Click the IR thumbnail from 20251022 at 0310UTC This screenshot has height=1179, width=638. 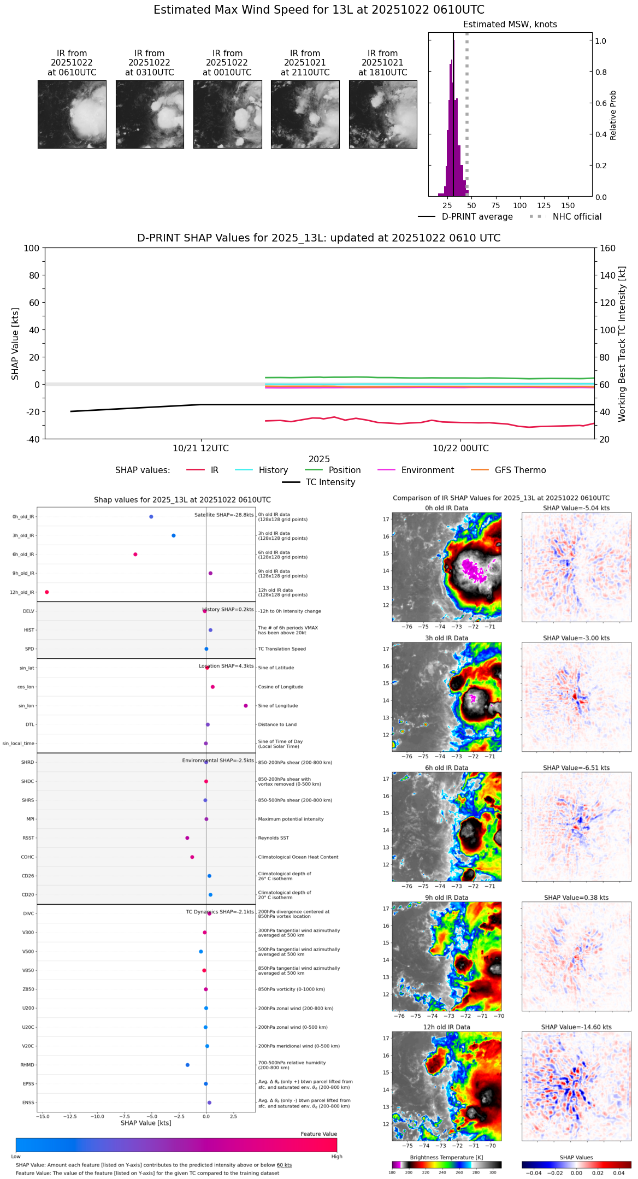pos(150,114)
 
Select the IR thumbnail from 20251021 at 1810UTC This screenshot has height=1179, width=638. pos(383,114)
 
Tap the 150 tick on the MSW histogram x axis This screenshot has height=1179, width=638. pos(568,206)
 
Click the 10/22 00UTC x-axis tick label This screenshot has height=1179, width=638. pos(460,449)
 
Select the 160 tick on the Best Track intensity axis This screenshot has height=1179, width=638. pos(608,248)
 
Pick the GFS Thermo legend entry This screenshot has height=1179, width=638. pos(520,470)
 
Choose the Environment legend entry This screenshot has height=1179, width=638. pos(427,470)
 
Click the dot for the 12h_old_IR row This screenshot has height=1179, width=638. pos(47,592)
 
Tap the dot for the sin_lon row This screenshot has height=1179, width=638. pos(246,706)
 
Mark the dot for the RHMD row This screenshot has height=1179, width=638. pos(187,1065)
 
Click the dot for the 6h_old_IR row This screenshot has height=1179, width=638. pos(135,555)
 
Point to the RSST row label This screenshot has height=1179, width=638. pos(28,838)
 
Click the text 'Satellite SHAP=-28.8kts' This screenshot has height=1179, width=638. pos(224,515)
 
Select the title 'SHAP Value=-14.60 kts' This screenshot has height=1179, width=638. pos(576,1027)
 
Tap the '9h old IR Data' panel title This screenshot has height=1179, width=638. pos(446,898)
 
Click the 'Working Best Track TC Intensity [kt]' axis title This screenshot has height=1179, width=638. pos(622,344)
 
